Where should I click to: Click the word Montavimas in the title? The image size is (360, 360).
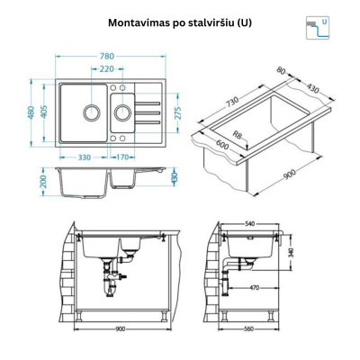[138, 23]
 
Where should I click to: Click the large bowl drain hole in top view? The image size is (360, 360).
[90, 112]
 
